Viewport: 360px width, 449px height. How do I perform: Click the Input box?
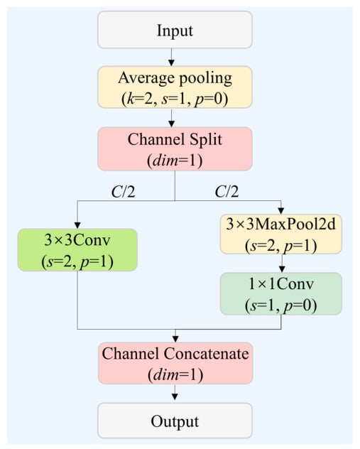click(175, 30)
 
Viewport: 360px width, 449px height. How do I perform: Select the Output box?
click(175, 421)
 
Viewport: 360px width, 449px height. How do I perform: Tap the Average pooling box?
click(175, 87)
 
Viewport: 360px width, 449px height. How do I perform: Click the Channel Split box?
click(175, 149)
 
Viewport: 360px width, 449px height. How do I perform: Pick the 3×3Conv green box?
click(77, 249)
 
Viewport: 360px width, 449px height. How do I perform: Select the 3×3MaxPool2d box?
click(281, 234)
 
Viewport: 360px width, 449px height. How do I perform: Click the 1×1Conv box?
click(281, 294)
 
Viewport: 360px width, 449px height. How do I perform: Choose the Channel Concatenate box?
click(175, 363)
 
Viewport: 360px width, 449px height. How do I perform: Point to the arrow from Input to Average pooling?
click(171, 58)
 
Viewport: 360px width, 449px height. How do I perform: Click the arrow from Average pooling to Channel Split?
click(171, 118)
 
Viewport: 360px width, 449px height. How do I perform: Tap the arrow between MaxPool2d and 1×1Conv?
click(282, 263)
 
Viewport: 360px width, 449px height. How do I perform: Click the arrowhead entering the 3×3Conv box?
click(77, 225)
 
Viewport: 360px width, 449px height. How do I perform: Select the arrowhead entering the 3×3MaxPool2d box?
click(281, 211)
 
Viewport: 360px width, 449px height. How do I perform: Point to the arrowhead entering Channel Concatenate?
click(175, 339)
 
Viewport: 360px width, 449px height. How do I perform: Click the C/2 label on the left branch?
click(123, 192)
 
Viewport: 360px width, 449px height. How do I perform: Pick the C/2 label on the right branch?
click(227, 192)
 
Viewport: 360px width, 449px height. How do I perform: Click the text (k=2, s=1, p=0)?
click(175, 99)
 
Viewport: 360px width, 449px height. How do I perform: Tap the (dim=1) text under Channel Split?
click(175, 161)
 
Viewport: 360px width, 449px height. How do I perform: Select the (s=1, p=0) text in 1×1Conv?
click(281, 305)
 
